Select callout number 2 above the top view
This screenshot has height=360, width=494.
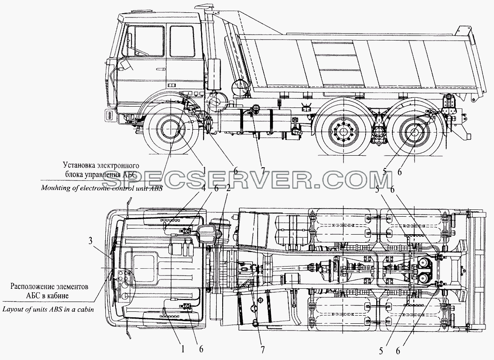coord(228,189)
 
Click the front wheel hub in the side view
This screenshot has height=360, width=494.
coord(171,130)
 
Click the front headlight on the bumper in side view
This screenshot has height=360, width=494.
coord(109,115)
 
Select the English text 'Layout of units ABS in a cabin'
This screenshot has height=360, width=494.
coord(48,309)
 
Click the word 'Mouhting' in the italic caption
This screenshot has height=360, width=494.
coord(53,188)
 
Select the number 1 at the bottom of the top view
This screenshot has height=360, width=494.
coord(182,349)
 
